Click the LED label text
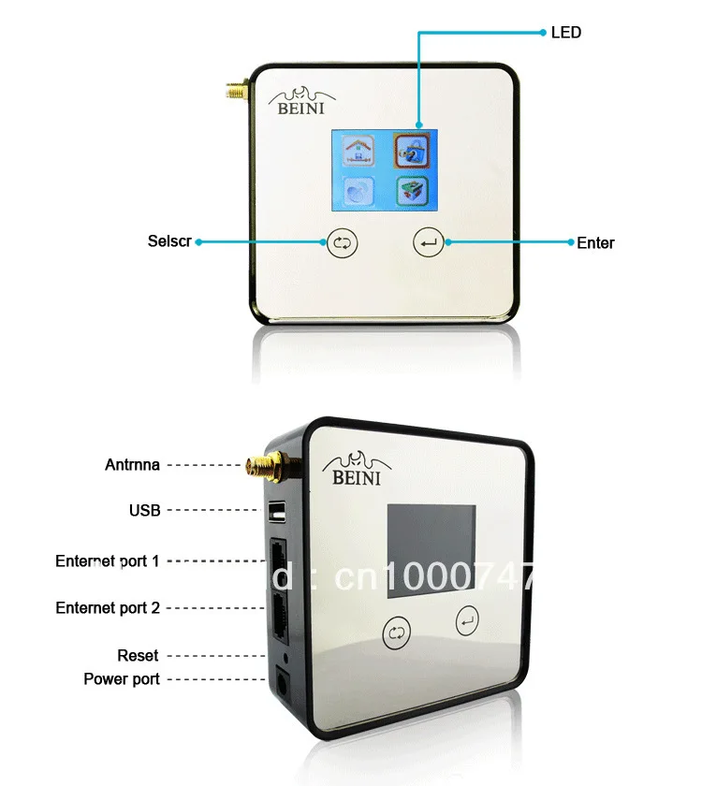click(566, 33)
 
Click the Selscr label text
click(169, 240)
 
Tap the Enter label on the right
click(595, 243)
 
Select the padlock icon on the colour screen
click(409, 149)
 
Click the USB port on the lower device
click(276, 512)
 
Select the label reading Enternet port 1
click(108, 561)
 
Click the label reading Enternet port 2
click(108, 608)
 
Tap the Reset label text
click(138, 656)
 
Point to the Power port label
click(122, 679)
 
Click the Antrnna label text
click(132, 464)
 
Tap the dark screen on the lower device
click(431, 552)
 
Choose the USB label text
click(145, 511)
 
